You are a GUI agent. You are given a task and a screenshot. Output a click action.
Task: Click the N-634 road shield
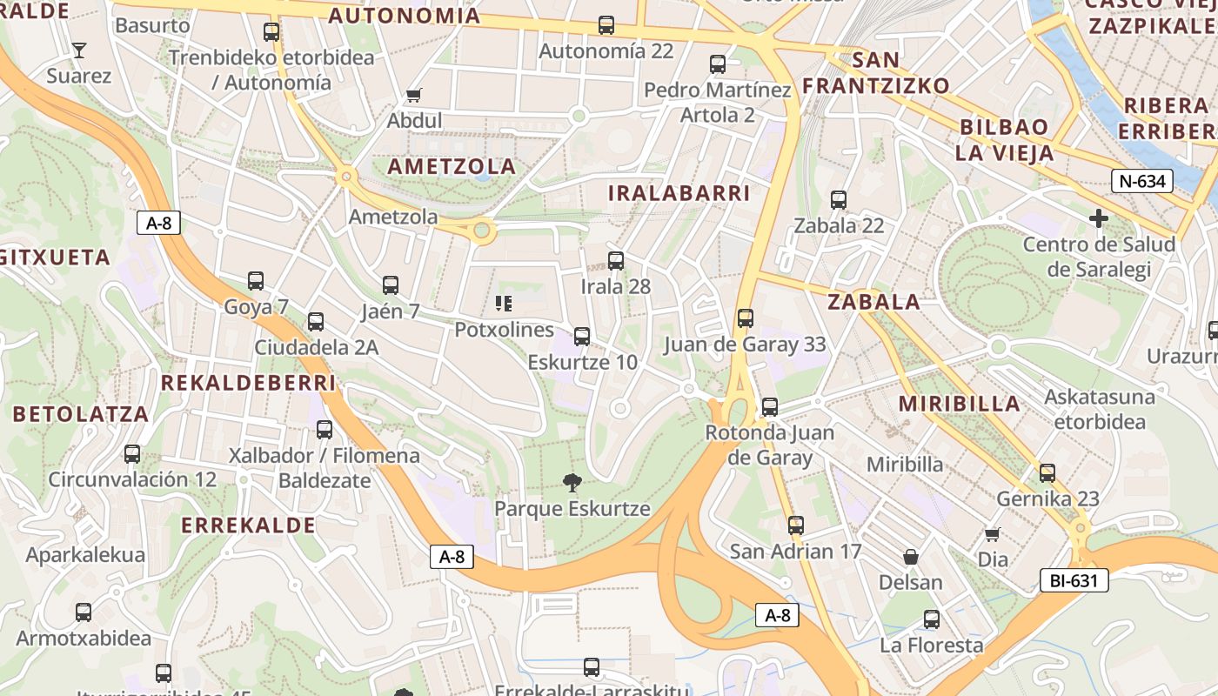point(1141,182)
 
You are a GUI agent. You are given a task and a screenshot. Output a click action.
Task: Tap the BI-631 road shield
point(1074,580)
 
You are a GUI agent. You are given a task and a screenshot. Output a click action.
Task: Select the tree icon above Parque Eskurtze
point(572,482)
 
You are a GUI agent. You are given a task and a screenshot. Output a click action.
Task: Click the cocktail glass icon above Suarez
point(79,50)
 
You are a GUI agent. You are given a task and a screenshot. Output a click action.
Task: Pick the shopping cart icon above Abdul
point(414,95)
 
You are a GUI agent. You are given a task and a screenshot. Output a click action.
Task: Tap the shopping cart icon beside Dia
point(992,534)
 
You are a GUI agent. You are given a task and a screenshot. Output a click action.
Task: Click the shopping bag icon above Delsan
point(910,557)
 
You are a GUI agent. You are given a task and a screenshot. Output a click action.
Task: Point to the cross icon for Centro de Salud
point(1099,218)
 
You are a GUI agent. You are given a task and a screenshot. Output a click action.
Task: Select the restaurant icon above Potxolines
point(503,304)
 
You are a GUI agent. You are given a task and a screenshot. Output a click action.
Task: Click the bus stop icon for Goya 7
point(255,281)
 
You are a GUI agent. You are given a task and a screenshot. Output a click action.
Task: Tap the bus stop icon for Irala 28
point(615,260)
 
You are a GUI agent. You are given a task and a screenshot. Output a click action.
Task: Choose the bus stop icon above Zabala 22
point(838,200)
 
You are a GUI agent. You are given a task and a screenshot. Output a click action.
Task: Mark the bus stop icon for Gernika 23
point(1047,473)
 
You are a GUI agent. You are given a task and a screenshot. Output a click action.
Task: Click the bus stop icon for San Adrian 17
point(795,525)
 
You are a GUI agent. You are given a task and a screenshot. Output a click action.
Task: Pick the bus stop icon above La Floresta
point(931,619)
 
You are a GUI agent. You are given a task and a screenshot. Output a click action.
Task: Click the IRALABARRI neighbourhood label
point(679,193)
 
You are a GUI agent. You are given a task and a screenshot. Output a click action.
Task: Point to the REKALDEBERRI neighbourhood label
point(248,384)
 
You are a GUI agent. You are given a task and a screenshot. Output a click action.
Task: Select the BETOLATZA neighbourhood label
point(81,414)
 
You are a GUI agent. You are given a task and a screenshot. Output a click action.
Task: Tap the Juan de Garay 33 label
point(745,345)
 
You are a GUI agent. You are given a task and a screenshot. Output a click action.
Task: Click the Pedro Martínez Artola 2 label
point(718,103)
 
